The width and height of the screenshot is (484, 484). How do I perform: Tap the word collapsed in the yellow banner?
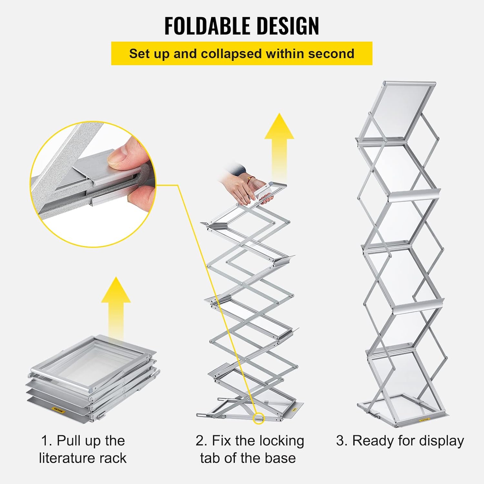[231, 54]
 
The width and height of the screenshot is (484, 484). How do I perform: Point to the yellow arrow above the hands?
[279, 145]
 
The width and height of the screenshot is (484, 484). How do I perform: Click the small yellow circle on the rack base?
[258, 418]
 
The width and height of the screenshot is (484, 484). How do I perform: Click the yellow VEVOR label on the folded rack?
[59, 411]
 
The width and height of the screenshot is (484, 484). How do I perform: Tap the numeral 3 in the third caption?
[340, 441]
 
